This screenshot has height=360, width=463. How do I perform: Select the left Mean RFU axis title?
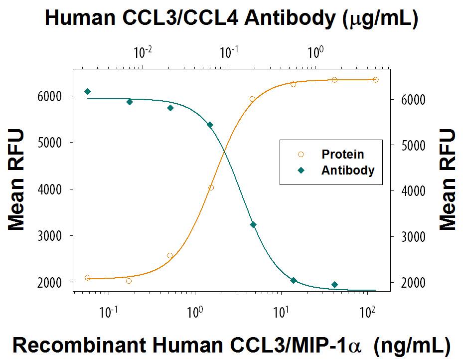16,180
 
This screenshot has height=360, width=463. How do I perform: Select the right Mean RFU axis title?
447,180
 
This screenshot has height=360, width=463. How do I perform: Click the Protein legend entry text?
342,154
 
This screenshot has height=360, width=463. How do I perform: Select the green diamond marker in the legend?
301,170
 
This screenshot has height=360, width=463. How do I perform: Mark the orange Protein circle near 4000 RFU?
211,188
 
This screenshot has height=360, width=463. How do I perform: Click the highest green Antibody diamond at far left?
88,91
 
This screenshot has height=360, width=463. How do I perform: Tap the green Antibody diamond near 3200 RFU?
253,225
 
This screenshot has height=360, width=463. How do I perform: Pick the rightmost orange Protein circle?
376,80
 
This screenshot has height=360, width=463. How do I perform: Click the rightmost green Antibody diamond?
334,285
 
